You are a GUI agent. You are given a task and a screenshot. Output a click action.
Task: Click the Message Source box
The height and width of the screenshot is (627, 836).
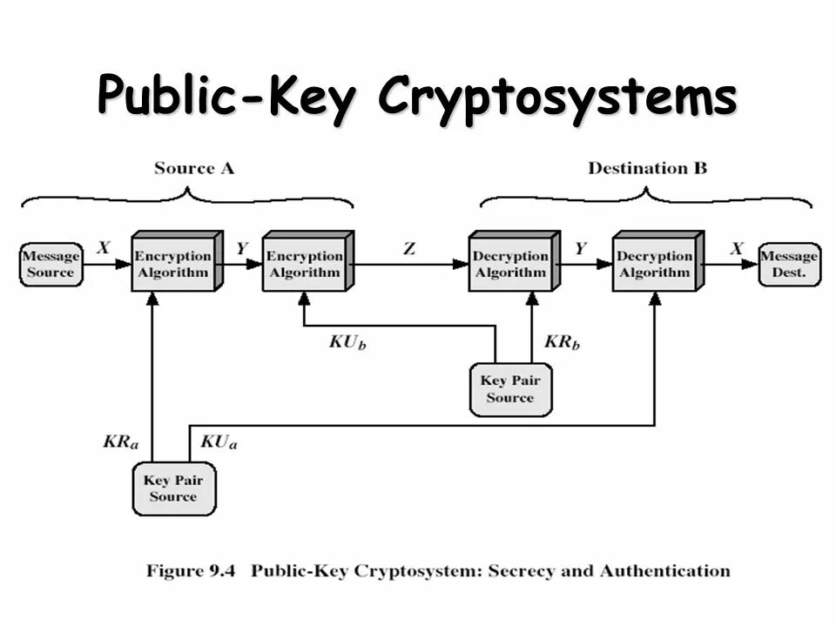[51, 264]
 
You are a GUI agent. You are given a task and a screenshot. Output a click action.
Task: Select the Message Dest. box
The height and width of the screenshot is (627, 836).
[789, 264]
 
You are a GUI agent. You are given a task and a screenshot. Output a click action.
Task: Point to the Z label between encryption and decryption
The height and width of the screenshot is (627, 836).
[409, 248]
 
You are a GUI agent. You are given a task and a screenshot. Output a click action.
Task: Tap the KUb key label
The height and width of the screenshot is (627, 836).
[347, 341]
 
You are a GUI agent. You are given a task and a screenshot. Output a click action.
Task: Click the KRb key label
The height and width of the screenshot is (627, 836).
[562, 341]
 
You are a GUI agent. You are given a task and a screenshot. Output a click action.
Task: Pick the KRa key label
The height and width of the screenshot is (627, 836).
[120, 442]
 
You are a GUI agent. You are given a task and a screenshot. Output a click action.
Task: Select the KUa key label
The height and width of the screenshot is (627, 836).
[219, 442]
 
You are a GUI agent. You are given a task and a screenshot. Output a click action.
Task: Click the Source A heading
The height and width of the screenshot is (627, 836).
[193, 168]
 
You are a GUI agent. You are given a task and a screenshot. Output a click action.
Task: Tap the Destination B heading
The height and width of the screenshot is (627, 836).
[647, 168]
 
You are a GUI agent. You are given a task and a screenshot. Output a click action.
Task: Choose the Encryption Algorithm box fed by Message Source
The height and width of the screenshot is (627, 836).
[172, 264]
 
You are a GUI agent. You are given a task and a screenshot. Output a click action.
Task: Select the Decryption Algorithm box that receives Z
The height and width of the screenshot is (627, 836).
[510, 264]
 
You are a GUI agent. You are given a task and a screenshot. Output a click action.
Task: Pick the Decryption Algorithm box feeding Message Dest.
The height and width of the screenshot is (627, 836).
[654, 264]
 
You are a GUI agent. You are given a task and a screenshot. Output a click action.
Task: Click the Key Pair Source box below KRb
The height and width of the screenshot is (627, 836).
[509, 389]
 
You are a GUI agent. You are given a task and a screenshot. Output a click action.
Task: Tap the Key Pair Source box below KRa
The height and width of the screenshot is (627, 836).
[173, 488]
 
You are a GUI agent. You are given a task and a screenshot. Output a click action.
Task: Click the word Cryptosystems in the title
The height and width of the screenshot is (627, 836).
[557, 98]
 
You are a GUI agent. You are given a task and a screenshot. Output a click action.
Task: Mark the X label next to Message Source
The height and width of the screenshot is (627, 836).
[104, 248]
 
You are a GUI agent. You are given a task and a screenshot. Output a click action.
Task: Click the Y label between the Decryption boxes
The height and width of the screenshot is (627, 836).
[580, 248]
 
